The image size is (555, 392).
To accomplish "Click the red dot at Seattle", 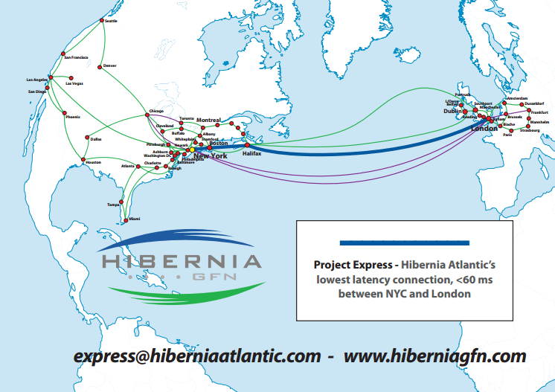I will pyautogui.click(x=102, y=22).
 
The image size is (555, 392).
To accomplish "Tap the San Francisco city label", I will pyautogui.click(x=77, y=57).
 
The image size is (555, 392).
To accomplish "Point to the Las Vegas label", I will pyautogui.click(x=74, y=83).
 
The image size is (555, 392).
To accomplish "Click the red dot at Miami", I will pyautogui.click(x=126, y=219).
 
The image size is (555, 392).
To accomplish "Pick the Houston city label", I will pyautogui.click(x=93, y=162).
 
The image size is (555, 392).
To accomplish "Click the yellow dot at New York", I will pyautogui.click(x=192, y=151).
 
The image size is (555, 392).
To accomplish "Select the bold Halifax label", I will pyautogui.click(x=252, y=153).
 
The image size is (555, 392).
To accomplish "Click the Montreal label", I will pyautogui.click(x=209, y=120).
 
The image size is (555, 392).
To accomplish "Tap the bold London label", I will pyautogui.click(x=484, y=129).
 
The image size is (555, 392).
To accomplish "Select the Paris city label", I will pyautogui.click(x=508, y=135).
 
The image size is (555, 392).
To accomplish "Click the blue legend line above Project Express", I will pyautogui.click(x=404, y=243).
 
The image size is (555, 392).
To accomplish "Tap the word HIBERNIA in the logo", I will pyautogui.click(x=182, y=262).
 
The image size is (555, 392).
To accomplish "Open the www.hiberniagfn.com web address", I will pyautogui.click(x=434, y=356).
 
